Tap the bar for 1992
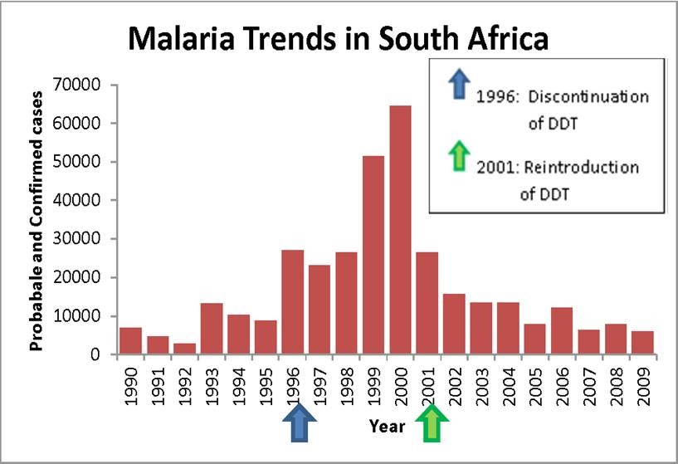[184, 349]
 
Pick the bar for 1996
[292, 302]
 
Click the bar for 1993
[212, 329]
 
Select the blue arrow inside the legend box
[457, 85]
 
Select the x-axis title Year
[388, 427]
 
